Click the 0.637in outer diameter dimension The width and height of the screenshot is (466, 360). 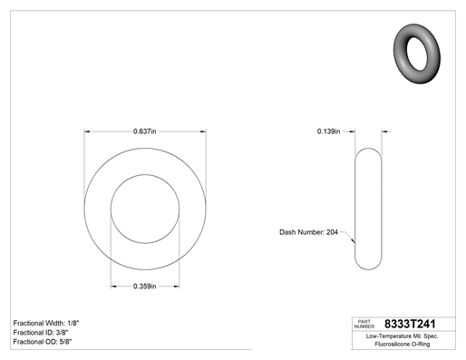click(145, 131)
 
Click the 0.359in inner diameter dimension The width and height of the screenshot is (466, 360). click(145, 287)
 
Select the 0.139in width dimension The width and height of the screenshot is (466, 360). click(328, 131)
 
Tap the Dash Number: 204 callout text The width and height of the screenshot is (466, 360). click(308, 232)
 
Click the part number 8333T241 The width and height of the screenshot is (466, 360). click(410, 324)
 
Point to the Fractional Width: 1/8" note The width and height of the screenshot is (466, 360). click(46, 323)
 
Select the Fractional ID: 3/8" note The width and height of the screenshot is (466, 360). click(41, 333)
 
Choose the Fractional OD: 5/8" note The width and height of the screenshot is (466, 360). click(43, 342)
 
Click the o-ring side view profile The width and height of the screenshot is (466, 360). click(355, 209)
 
